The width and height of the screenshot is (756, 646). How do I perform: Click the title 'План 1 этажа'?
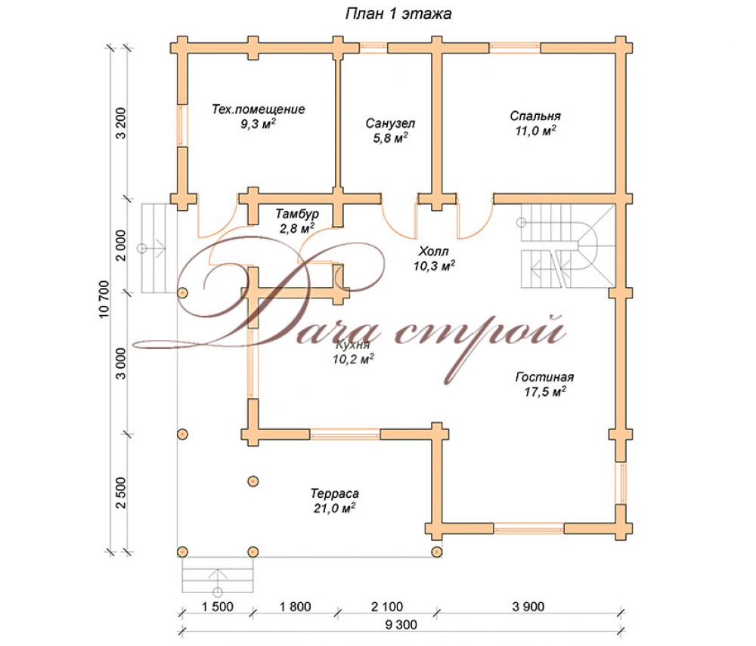tap(398, 14)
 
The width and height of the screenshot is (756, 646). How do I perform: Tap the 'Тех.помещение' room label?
tap(259, 110)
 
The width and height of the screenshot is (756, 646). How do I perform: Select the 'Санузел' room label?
tap(390, 123)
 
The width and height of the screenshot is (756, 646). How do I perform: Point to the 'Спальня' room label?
tap(535, 116)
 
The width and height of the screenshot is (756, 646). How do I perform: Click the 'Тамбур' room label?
tap(297, 213)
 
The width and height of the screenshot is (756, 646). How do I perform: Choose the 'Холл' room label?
tap(433, 251)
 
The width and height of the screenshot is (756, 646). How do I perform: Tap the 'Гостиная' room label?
tap(545, 377)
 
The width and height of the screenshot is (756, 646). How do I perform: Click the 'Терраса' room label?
tap(335, 494)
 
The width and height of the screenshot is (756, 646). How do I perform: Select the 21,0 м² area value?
tap(335, 508)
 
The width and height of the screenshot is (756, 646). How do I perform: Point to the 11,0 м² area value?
tap(535, 131)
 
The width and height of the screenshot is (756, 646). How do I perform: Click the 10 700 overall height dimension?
tap(104, 299)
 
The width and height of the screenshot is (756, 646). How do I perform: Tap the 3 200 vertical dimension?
tap(120, 123)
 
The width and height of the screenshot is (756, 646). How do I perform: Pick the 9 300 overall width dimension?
tap(401, 625)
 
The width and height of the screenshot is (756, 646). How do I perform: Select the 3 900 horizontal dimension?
tap(528, 607)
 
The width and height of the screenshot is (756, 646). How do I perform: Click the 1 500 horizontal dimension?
tap(218, 607)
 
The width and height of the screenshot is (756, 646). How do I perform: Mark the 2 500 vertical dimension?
tap(120, 493)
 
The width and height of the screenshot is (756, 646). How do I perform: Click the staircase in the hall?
tap(568, 246)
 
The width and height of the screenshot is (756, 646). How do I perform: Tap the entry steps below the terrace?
tap(218, 575)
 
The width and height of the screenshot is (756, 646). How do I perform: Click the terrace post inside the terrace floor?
tap(253, 481)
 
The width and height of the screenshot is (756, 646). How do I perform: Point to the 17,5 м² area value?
tap(545, 391)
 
